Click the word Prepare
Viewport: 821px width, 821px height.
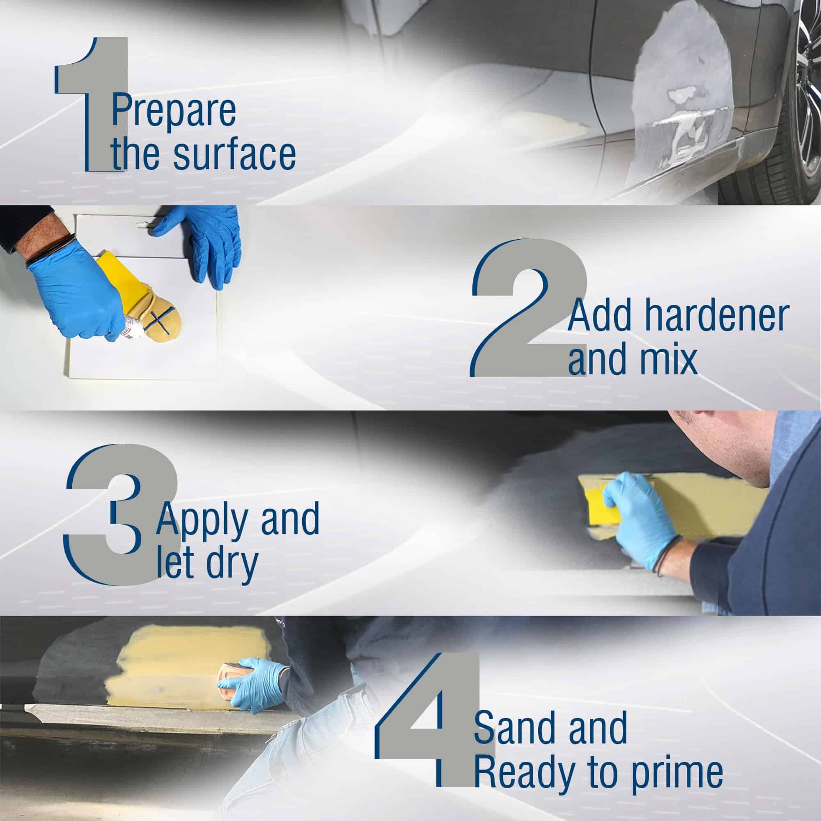174,111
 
